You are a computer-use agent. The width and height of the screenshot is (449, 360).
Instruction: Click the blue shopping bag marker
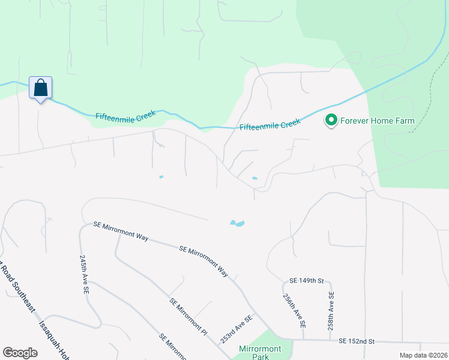40,88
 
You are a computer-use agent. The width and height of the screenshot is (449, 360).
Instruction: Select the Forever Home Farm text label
377,121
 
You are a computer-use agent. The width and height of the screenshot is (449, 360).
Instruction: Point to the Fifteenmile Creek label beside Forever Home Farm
270,125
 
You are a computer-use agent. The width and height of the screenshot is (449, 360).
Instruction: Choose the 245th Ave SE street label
85,272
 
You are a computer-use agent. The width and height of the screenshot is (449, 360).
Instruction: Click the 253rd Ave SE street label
236,329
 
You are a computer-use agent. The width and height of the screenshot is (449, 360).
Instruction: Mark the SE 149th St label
306,281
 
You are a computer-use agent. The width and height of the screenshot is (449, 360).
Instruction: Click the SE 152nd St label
356,341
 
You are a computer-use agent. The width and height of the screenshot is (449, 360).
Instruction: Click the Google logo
20,353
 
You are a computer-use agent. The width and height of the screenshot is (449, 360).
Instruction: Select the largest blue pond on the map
237,223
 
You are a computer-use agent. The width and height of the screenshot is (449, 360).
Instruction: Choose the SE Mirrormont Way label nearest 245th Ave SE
121,231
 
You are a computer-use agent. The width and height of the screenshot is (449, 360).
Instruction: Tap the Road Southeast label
17,288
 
